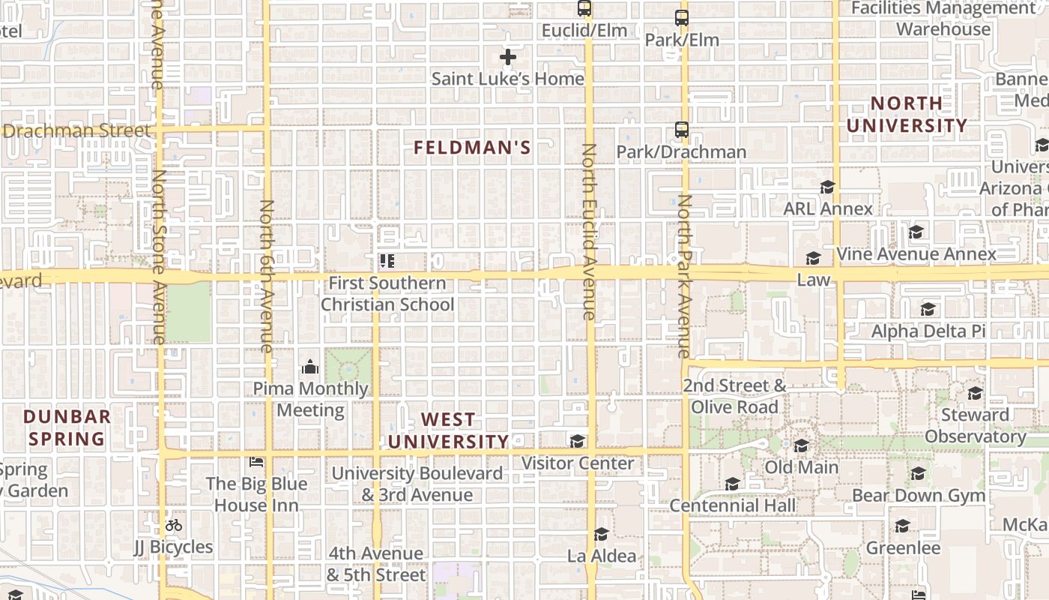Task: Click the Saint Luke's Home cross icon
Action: [x=508, y=57]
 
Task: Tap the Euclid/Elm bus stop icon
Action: [x=584, y=9]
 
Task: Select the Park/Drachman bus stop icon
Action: [x=682, y=130]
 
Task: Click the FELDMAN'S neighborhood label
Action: [x=472, y=148]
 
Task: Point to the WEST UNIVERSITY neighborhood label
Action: [x=448, y=430]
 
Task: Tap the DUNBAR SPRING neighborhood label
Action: [x=67, y=427]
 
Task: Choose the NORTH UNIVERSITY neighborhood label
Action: [x=907, y=114]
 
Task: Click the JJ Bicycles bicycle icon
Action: [x=174, y=525]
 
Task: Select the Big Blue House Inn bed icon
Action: [x=256, y=462]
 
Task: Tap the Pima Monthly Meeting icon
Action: [x=309, y=367]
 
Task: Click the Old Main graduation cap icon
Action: [x=801, y=446]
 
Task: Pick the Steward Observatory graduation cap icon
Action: [x=974, y=393]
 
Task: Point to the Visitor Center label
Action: [x=578, y=463]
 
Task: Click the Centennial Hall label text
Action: [x=732, y=505]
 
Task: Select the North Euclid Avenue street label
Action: [x=588, y=232]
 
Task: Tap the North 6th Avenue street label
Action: [x=267, y=276]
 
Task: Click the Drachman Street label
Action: [x=76, y=130]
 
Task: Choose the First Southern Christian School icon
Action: [x=387, y=261]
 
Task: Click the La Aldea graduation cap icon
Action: [x=601, y=534]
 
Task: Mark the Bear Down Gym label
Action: [x=919, y=495]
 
